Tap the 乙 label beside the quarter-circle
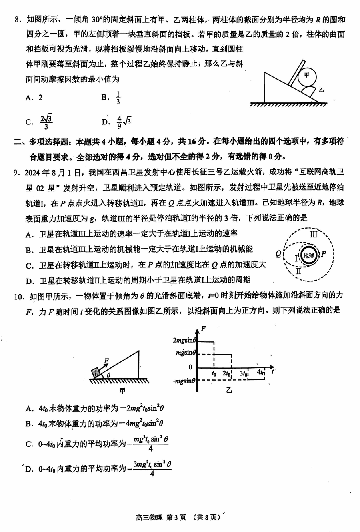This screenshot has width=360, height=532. coord(321,90)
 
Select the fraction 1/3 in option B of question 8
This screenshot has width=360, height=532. coord(118,98)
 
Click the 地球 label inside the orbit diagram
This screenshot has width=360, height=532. coord(308,255)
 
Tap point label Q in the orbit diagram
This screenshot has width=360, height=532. coord(278,254)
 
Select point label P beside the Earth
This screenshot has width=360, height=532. coord(324,254)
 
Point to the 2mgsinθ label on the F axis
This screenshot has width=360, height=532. coord(184,341)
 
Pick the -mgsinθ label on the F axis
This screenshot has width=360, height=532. coord(184,381)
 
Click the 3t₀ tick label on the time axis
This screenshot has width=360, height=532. coord(244,373)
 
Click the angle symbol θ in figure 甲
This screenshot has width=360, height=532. coord(108,375)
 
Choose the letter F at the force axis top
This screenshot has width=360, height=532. coord(204,329)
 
